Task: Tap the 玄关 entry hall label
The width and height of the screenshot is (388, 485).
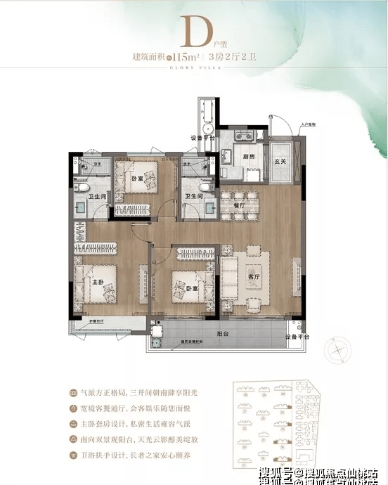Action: (x=280, y=162)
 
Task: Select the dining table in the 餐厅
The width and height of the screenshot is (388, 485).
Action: (x=238, y=205)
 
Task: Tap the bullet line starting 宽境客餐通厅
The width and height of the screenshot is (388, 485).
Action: (x=133, y=409)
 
